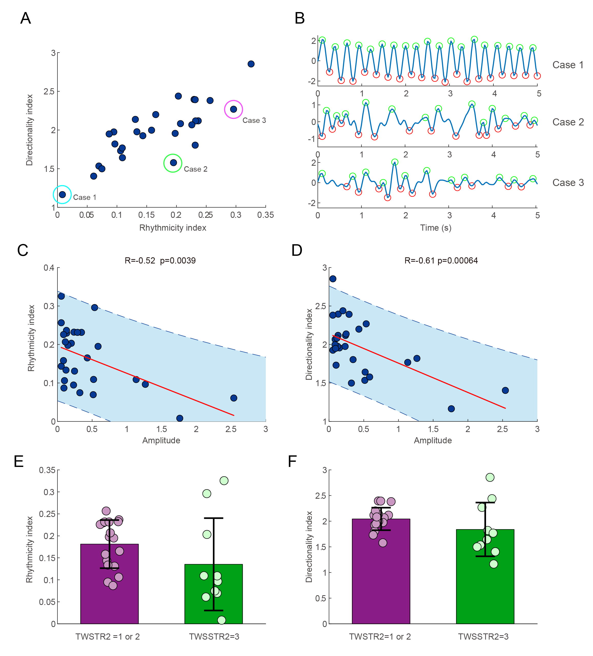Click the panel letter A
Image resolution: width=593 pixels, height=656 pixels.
26,18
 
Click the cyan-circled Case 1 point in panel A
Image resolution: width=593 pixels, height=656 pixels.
63,194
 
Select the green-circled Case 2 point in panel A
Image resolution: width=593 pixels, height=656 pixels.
173,163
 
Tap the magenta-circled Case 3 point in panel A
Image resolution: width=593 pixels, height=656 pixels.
234,109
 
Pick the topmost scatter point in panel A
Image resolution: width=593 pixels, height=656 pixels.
251,64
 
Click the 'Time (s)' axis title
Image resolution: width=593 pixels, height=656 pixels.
435,228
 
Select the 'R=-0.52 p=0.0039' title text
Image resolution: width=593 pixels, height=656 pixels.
160,261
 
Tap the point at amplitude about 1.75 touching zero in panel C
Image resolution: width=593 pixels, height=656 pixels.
180,418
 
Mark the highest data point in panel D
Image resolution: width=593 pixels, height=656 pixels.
333,279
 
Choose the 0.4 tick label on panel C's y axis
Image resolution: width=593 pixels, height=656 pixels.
49,268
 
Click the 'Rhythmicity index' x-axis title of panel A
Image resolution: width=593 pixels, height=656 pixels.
173,228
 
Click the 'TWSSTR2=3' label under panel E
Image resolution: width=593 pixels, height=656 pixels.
214,637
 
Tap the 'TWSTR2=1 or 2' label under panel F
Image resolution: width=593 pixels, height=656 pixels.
380,637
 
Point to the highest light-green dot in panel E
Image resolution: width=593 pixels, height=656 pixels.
224,481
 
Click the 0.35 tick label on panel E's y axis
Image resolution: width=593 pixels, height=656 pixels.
47,470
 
